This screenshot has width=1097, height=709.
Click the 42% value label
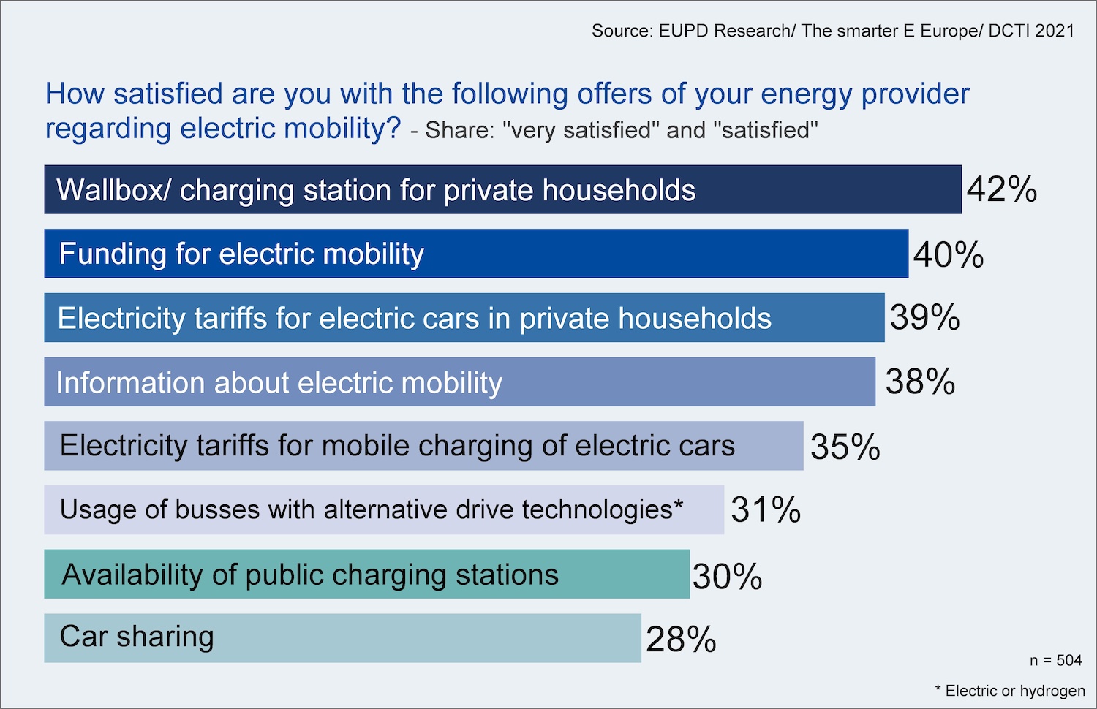1001,189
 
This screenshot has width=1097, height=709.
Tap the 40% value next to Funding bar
948,254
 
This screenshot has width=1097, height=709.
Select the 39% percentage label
924,318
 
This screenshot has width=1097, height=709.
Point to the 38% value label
920,382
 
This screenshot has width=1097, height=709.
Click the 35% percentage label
845,447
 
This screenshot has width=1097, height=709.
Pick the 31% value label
766,509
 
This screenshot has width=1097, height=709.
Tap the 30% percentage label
727,577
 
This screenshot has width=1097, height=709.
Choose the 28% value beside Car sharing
681,640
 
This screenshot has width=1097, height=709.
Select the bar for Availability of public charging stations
622,575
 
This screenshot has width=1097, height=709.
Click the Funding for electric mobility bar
658,254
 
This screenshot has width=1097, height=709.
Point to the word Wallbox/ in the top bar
114,190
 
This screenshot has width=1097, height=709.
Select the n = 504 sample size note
1055,661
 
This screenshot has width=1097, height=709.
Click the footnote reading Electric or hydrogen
1014,691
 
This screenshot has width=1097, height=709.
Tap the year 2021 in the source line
1055,31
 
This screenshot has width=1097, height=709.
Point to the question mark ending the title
393,129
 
